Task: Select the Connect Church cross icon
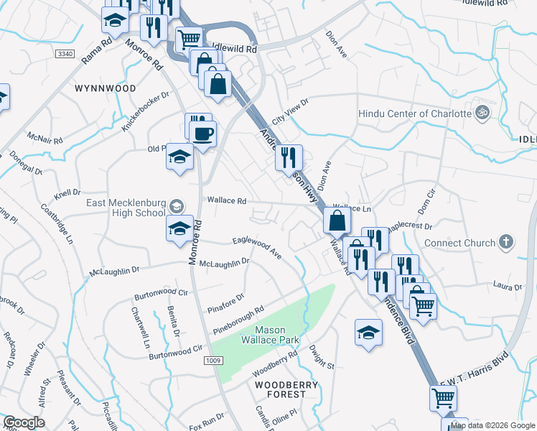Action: [x=507, y=242]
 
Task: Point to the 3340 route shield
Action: [x=65, y=54]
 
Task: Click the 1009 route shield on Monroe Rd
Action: [x=211, y=360]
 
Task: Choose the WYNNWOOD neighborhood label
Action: [x=105, y=88]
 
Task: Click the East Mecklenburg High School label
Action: [x=126, y=208]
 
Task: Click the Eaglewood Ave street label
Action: [x=256, y=247]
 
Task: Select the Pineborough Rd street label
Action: [x=243, y=320]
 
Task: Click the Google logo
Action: [x=24, y=422]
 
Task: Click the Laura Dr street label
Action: [x=507, y=287]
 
